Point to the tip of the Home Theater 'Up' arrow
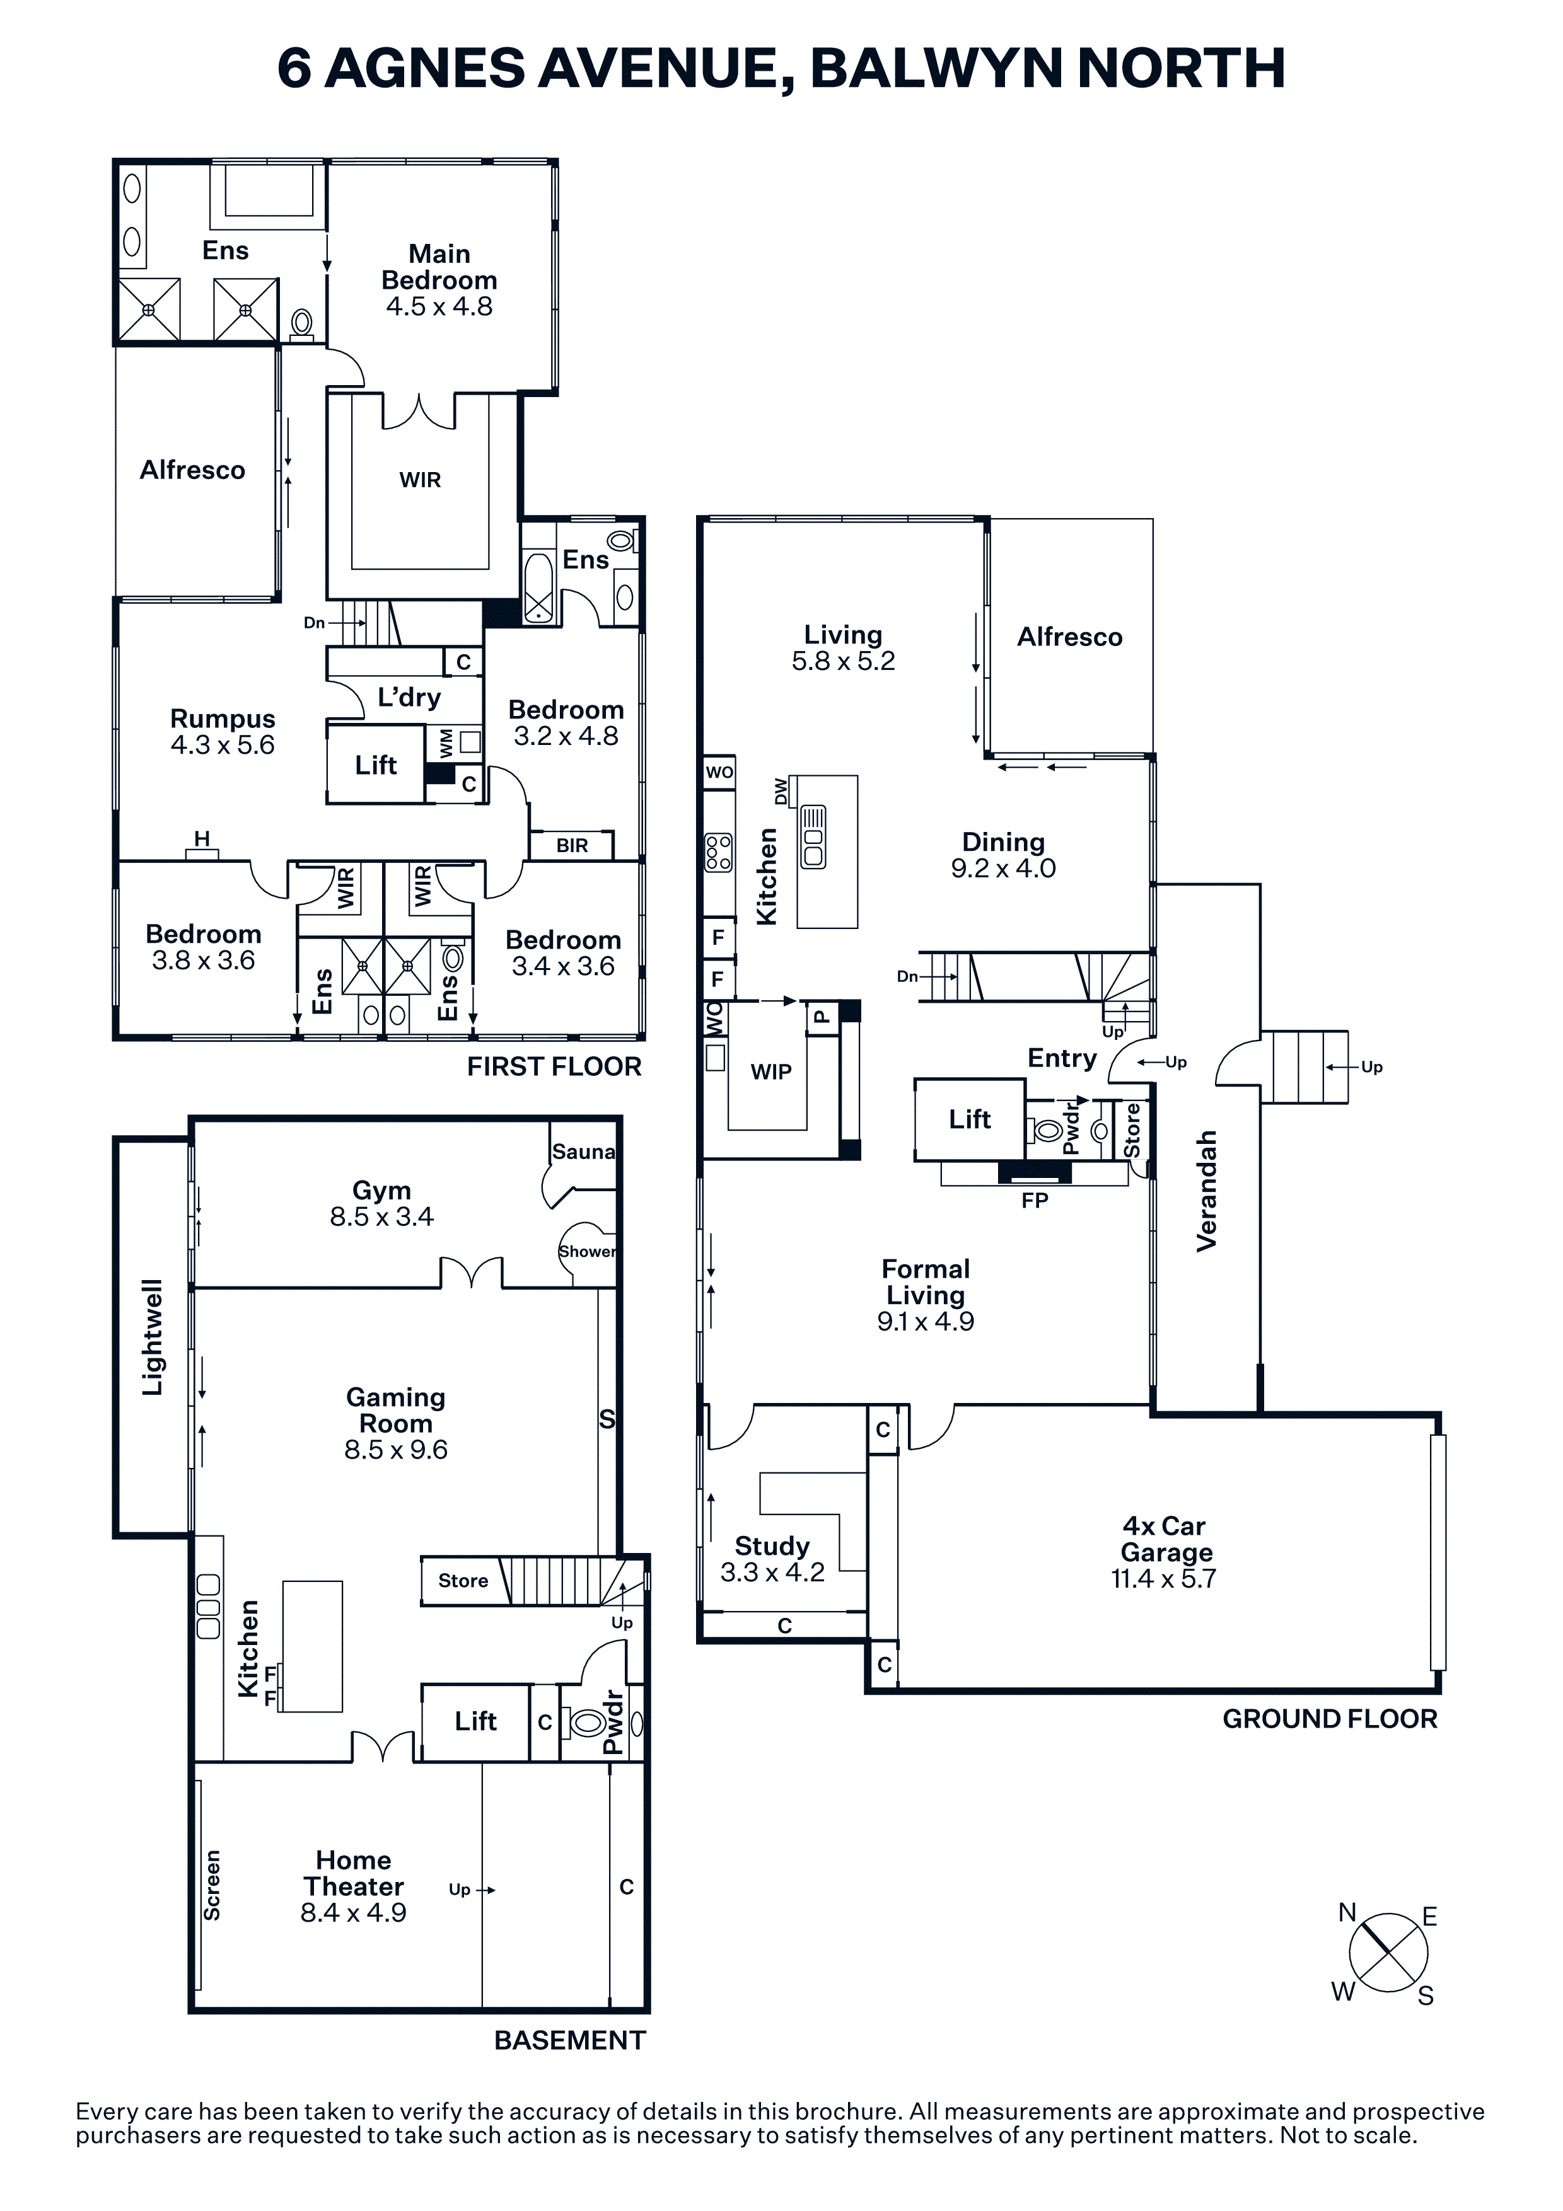495,1890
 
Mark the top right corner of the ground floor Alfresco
1153,519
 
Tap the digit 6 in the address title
294,67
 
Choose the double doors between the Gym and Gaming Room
472,1273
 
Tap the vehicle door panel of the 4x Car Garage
1438,1552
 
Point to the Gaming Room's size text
396,1450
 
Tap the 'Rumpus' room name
223,719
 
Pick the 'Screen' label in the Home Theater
212,1886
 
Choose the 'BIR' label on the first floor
572,845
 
